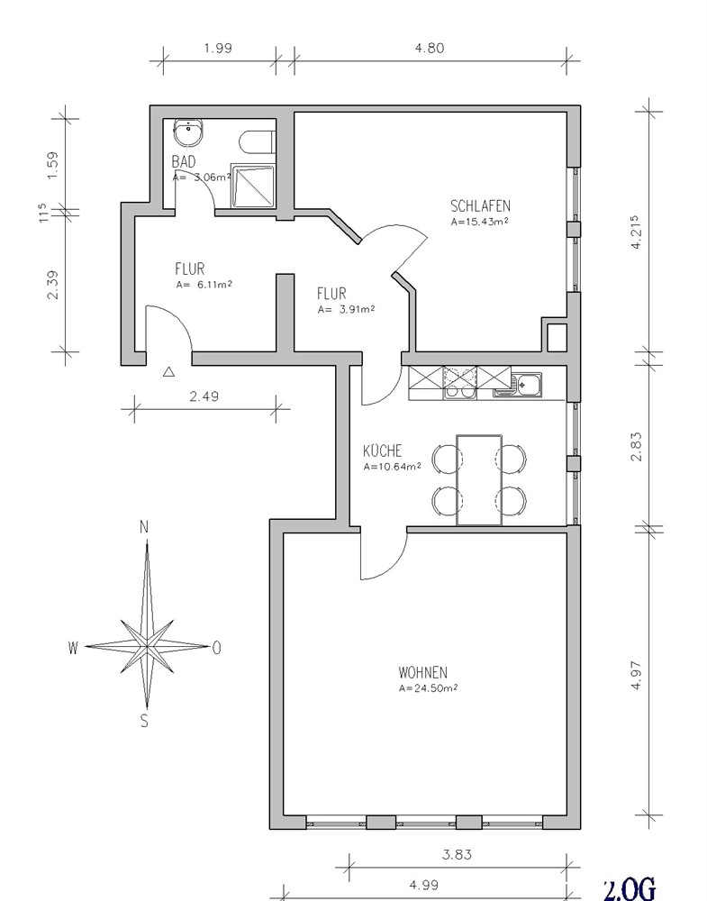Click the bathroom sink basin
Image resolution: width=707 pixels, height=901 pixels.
click(x=188, y=133)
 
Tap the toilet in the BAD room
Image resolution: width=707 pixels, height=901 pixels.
click(x=257, y=142)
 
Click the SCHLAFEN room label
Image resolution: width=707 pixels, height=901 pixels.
click(x=480, y=205)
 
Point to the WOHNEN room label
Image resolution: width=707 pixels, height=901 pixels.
click(x=422, y=672)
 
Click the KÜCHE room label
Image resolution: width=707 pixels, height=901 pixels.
click(x=383, y=450)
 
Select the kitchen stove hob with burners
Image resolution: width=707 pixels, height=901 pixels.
click(x=459, y=383)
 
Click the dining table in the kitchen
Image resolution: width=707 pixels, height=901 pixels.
click(x=479, y=480)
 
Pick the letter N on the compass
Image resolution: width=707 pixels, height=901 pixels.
click(x=144, y=527)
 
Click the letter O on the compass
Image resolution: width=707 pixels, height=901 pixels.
click(x=216, y=648)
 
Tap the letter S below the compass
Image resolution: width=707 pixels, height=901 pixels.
click(x=144, y=721)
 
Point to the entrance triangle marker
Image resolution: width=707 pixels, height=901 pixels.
click(x=168, y=372)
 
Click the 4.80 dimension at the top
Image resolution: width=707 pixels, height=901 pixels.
click(x=430, y=48)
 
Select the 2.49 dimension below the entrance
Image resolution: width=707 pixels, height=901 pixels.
click(x=204, y=396)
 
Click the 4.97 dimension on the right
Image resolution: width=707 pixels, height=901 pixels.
click(x=637, y=676)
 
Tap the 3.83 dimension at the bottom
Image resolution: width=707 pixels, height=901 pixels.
click(x=458, y=854)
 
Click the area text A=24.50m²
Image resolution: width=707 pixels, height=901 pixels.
click(x=428, y=687)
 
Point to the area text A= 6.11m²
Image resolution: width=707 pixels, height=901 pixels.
click(x=204, y=285)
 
